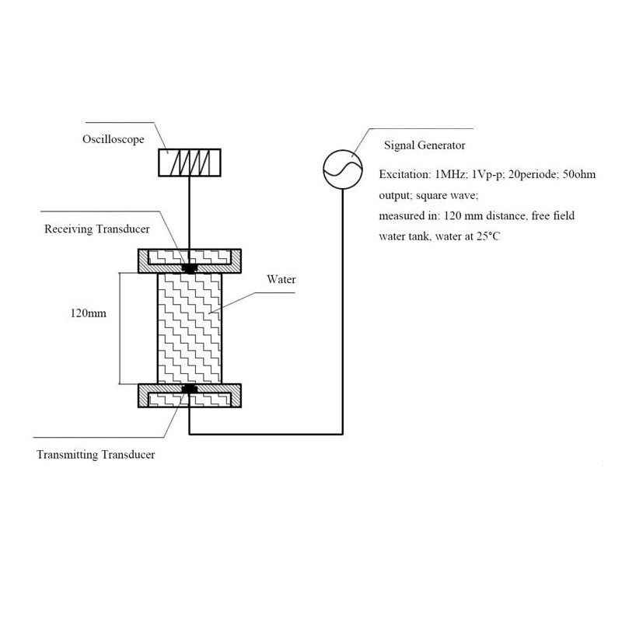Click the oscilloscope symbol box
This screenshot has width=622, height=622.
click(190, 162)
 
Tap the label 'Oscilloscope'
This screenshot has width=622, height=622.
click(112, 141)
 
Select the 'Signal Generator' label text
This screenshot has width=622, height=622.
click(424, 145)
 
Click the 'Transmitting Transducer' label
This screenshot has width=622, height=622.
click(96, 455)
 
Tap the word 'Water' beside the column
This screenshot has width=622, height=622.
click(281, 278)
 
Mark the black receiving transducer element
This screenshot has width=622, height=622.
click(189, 268)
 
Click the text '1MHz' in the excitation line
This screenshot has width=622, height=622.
click(453, 174)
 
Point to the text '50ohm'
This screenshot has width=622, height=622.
click(577, 174)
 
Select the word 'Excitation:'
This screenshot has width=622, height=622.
click(405, 174)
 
